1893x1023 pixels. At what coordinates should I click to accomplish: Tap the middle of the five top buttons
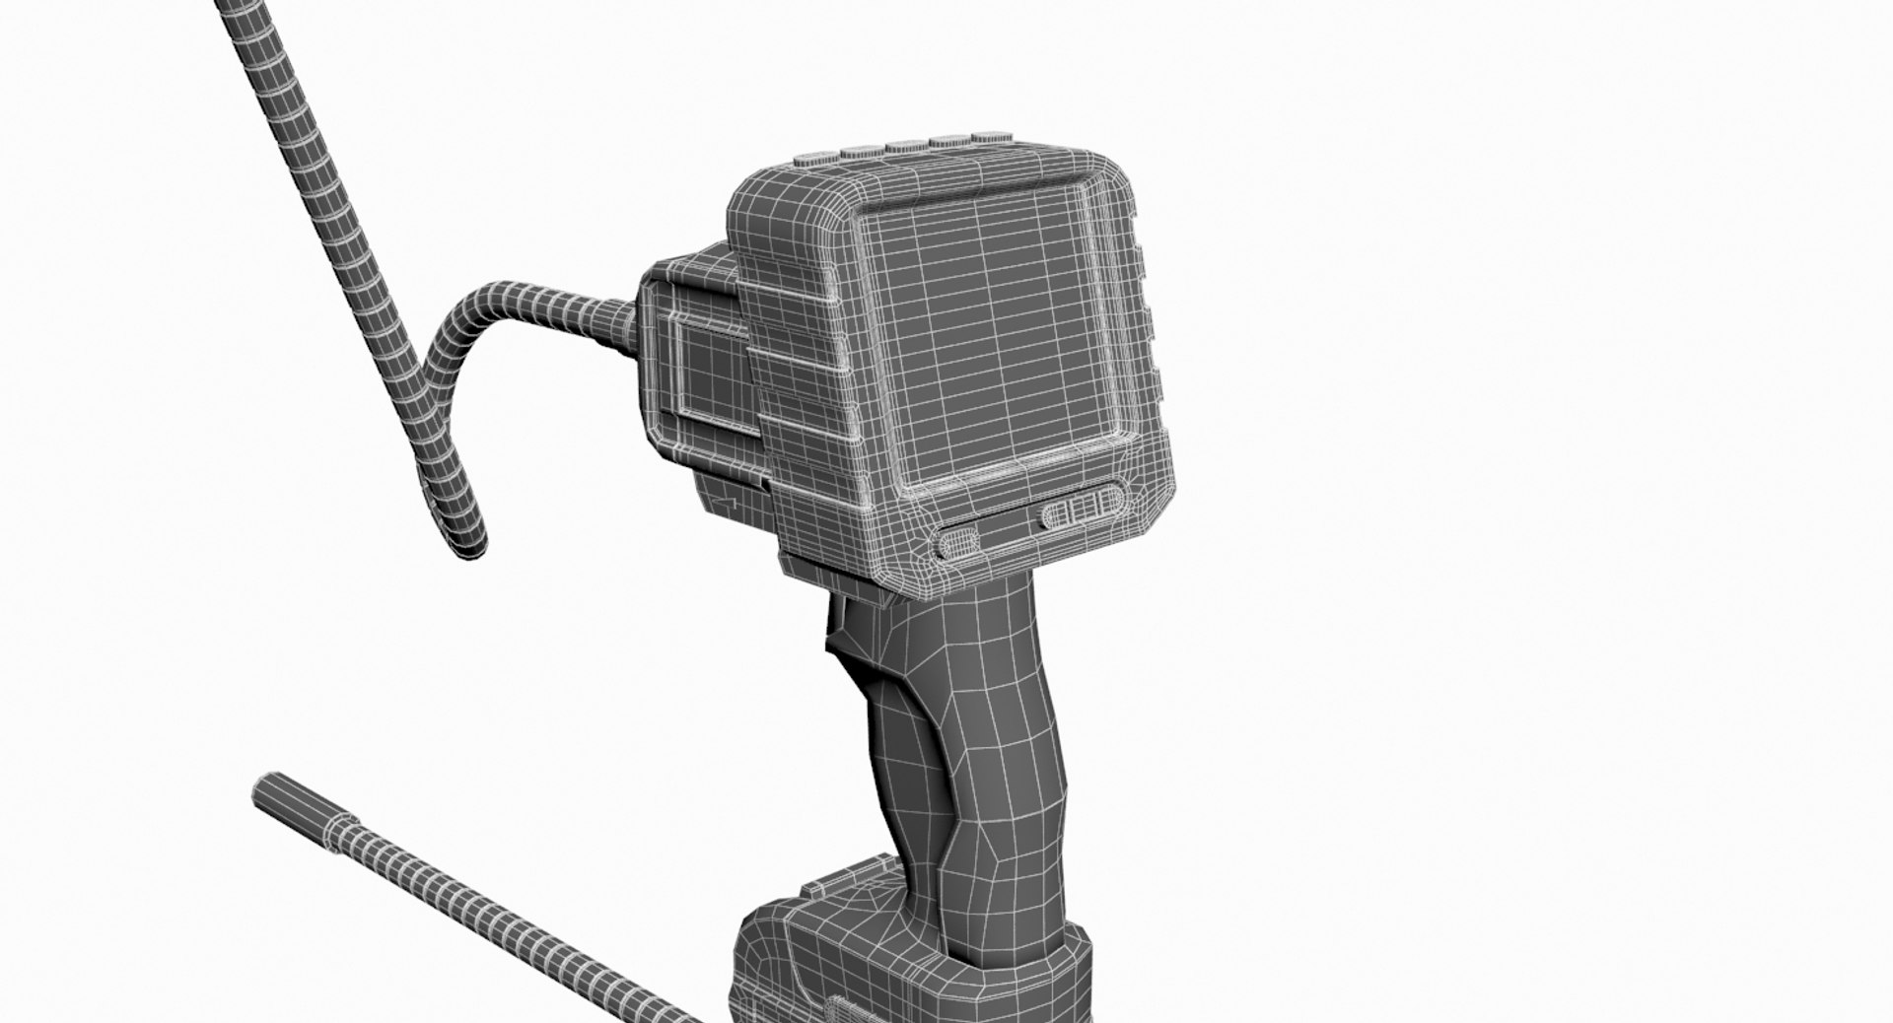coord(904,147)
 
